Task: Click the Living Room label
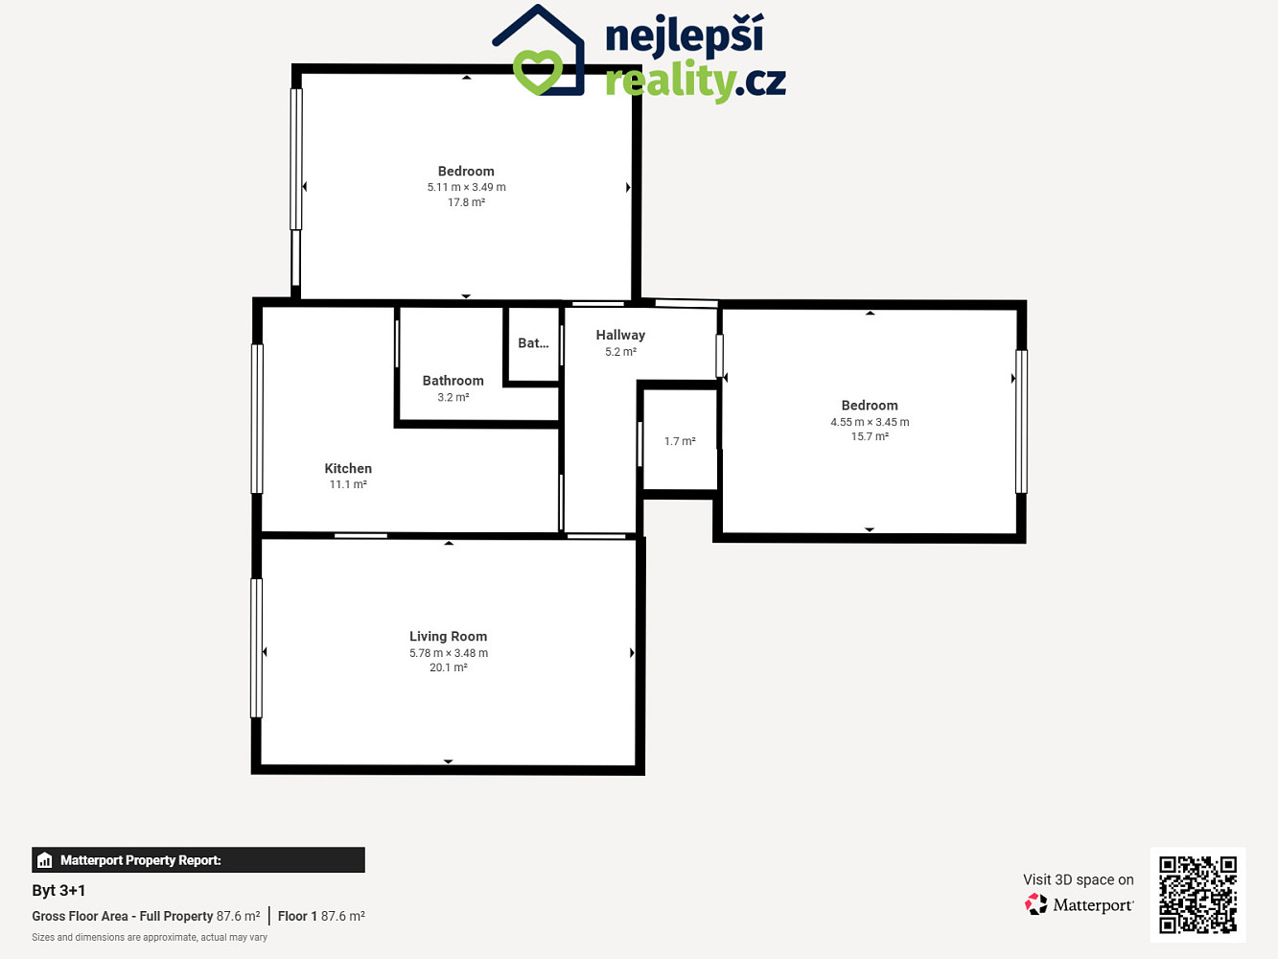[448, 637]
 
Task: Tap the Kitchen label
[348, 468]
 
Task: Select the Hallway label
[620, 336]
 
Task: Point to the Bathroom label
[453, 381]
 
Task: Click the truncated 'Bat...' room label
[533, 343]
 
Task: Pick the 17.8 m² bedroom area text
[466, 202]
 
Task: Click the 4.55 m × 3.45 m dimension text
[870, 422]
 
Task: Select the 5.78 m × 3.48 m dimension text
[449, 653]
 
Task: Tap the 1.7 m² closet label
[680, 441]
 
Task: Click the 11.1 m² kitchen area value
[348, 484]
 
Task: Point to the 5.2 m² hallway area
[620, 352]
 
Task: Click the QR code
[1197, 895]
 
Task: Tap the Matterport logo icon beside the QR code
[1035, 904]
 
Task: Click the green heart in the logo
[538, 72]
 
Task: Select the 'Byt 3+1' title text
[58, 890]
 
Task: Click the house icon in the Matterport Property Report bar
[44, 860]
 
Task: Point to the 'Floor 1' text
[297, 916]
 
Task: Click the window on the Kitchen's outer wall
[257, 419]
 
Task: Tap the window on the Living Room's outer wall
[256, 648]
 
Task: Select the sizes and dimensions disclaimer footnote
[150, 938]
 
